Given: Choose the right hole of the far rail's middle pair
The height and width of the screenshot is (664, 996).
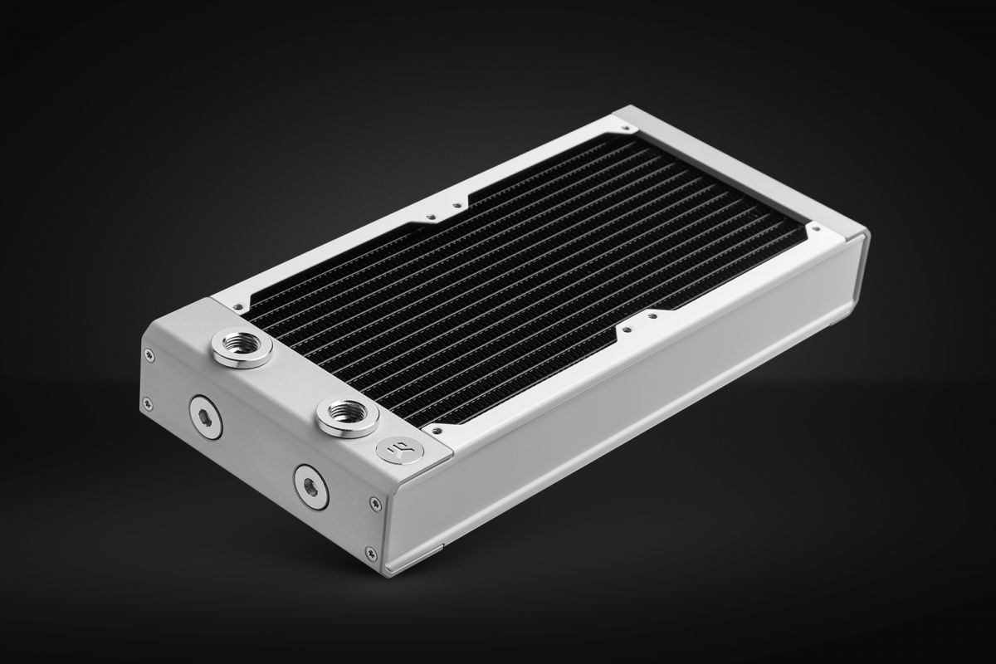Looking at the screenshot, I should click(x=454, y=203).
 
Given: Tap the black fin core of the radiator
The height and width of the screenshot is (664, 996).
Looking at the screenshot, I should click(x=523, y=282).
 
